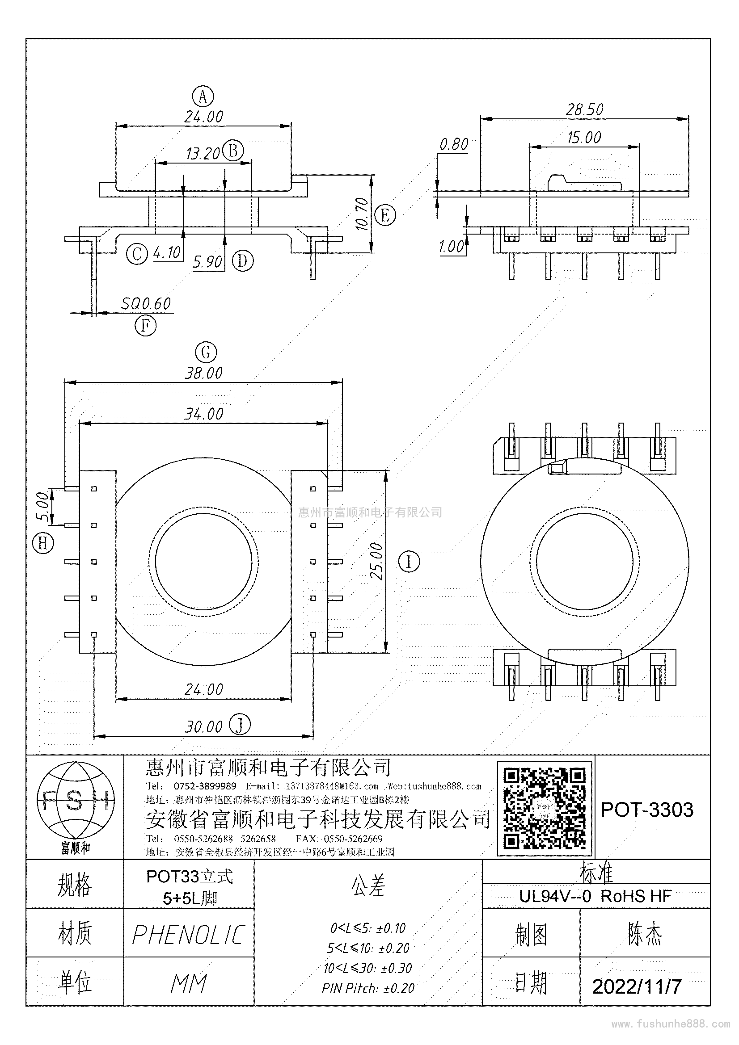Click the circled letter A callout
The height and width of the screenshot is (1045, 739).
203,97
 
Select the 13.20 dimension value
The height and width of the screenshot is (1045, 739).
203,154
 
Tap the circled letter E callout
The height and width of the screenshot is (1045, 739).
385,215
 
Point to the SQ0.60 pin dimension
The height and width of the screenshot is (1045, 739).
146,303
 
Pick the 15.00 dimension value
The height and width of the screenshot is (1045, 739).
584,138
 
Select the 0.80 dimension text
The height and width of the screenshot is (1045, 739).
453,144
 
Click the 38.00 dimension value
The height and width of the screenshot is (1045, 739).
203,373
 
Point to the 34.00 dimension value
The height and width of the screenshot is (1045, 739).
203,414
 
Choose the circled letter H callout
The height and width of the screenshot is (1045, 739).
43,543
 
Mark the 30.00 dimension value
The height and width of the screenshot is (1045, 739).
203,727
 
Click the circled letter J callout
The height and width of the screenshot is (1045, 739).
240,725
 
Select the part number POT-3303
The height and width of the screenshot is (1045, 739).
647,810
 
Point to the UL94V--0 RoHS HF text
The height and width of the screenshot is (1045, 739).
595,896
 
